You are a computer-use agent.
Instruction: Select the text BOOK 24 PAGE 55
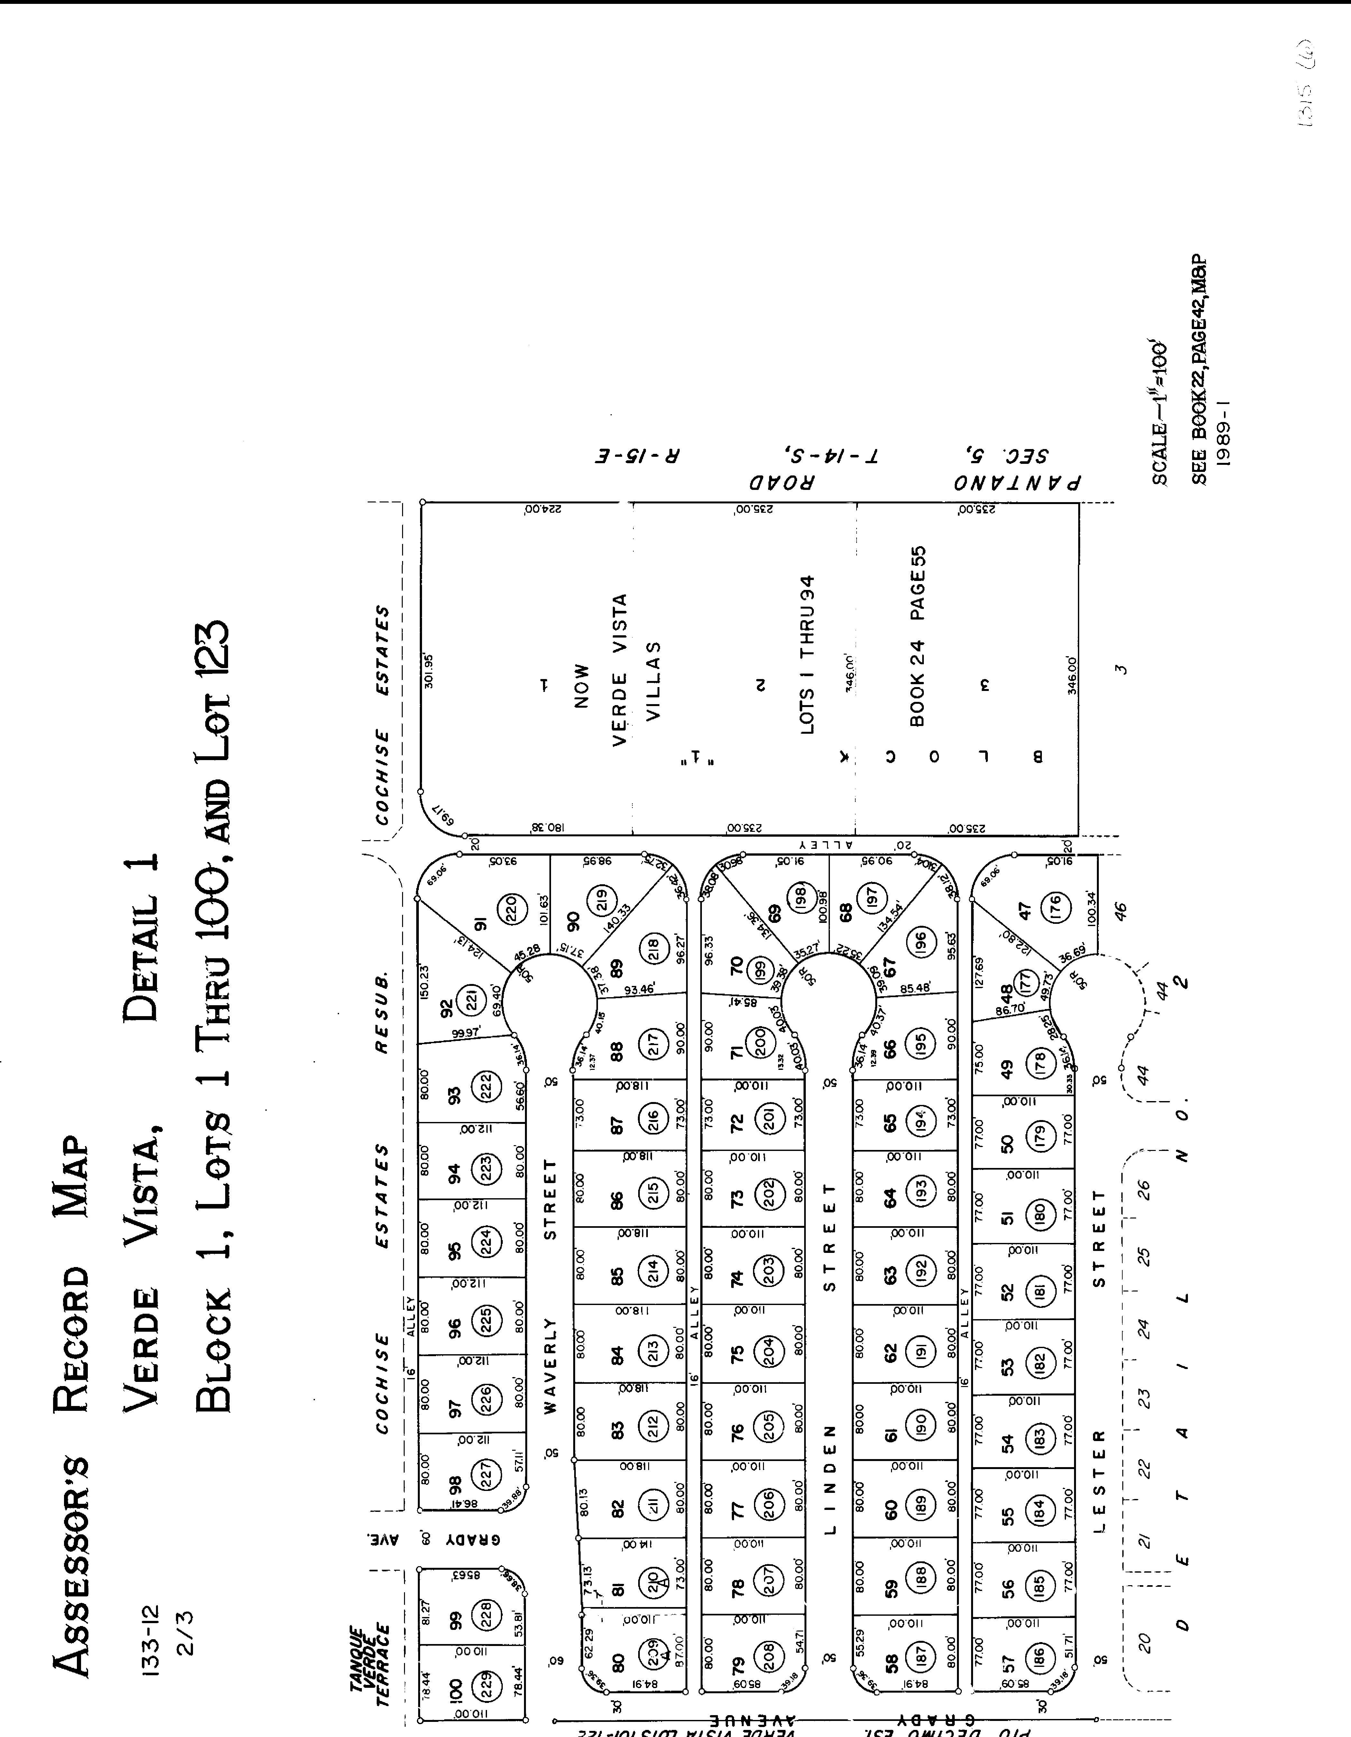click(x=917, y=636)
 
